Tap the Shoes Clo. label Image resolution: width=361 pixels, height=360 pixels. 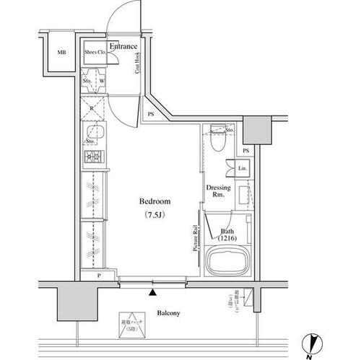[x=95, y=53]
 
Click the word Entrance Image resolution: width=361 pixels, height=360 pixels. [x=123, y=47]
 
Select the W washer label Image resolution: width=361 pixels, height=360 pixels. [x=102, y=82]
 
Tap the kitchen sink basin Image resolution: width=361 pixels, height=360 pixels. [x=95, y=131]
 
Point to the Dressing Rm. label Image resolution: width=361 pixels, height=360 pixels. [x=218, y=190]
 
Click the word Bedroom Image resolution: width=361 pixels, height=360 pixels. [x=155, y=203]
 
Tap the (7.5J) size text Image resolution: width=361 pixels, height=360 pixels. [x=155, y=215]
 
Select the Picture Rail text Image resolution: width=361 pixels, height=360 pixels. [x=195, y=237]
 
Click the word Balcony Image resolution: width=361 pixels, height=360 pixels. [x=167, y=313]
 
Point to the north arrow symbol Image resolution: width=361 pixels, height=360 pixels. [x=309, y=346]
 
